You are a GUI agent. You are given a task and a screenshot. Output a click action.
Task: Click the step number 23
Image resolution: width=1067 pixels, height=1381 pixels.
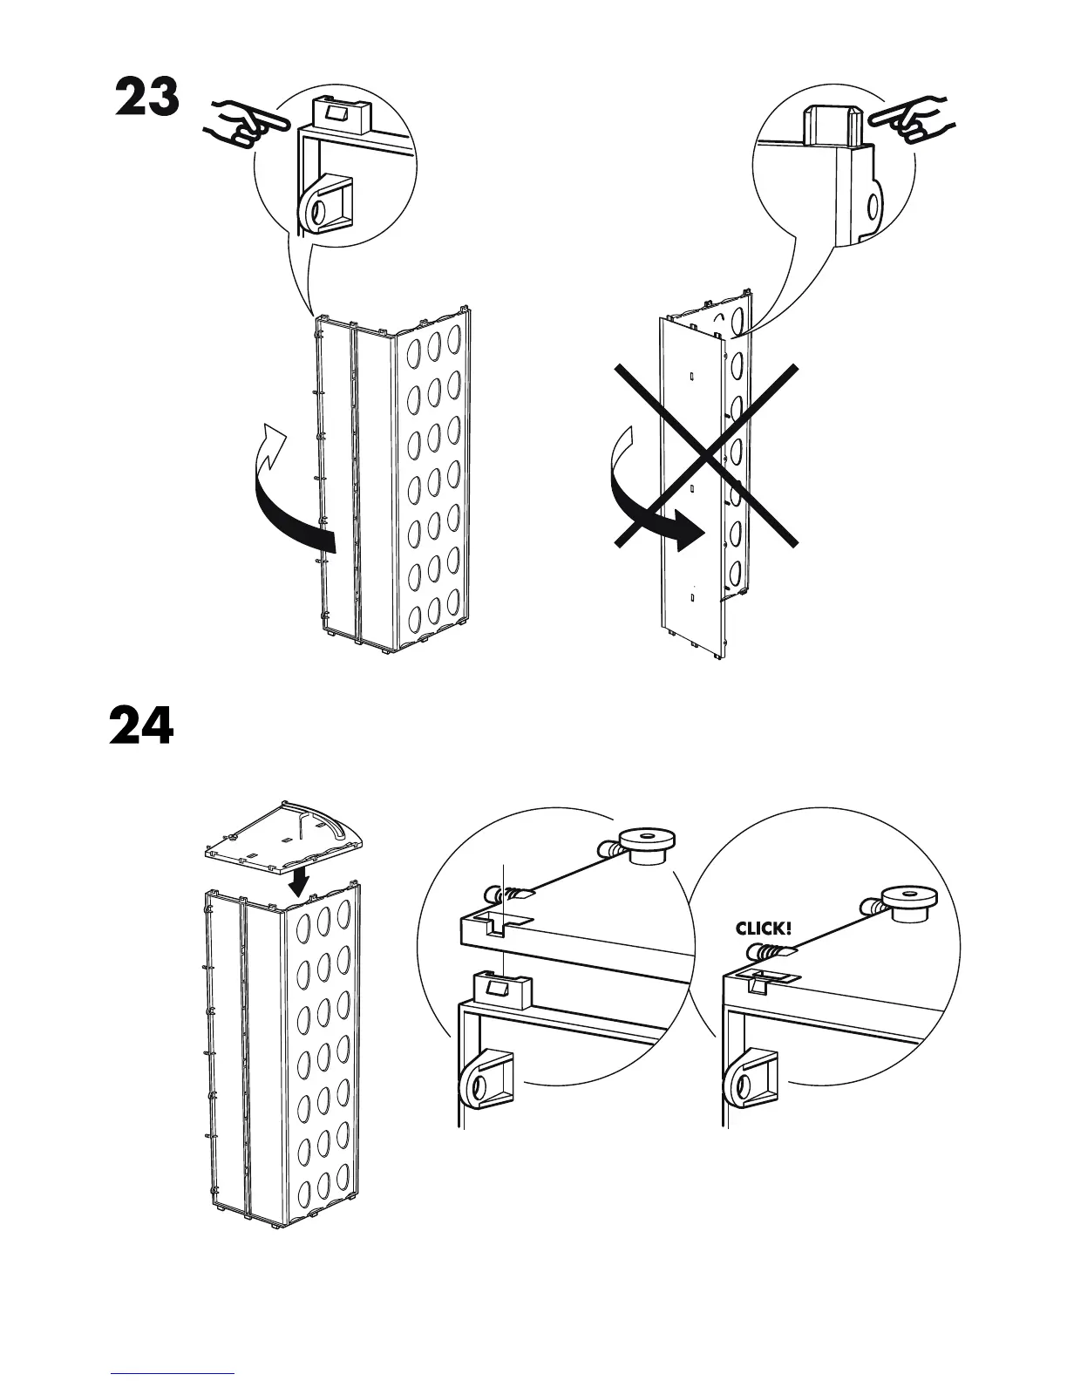pyautogui.click(x=147, y=97)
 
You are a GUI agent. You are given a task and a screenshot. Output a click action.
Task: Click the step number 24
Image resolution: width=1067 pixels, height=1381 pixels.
pyautogui.click(x=141, y=725)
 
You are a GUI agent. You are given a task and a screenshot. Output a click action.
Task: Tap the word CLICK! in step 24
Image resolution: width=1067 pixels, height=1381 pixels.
pyautogui.click(x=764, y=929)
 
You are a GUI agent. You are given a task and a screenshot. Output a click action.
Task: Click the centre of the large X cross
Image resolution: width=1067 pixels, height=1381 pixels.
pyautogui.click(x=706, y=455)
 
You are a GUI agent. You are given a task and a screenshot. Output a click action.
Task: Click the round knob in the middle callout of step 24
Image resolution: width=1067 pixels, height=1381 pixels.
pyautogui.click(x=646, y=844)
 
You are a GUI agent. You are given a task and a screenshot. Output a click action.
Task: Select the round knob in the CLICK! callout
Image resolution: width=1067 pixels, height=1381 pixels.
pyautogui.click(x=907, y=901)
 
